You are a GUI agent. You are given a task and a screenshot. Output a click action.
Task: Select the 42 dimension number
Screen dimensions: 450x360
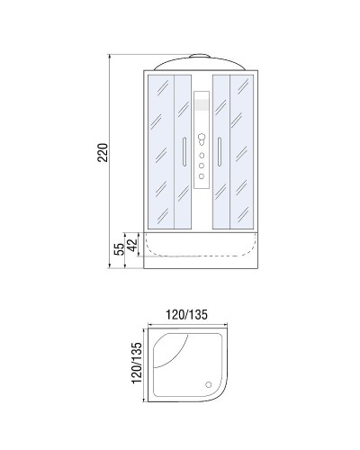[131, 243]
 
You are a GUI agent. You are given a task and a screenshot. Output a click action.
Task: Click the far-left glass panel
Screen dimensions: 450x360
[159, 148]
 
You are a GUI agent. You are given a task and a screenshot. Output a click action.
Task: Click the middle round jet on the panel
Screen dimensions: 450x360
[202, 166]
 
